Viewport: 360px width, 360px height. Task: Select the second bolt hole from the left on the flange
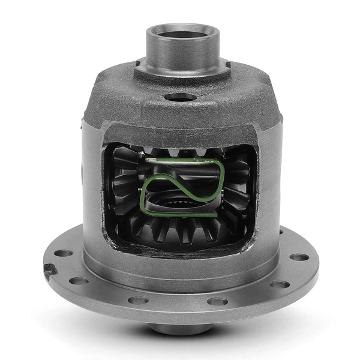pyautogui.click(x=78, y=280)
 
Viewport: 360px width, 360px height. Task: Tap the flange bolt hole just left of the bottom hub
pyautogui.click(x=139, y=299)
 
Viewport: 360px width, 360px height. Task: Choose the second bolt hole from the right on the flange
pyautogui.click(x=278, y=284)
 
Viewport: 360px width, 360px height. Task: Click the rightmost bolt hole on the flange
pyautogui.click(x=300, y=257)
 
